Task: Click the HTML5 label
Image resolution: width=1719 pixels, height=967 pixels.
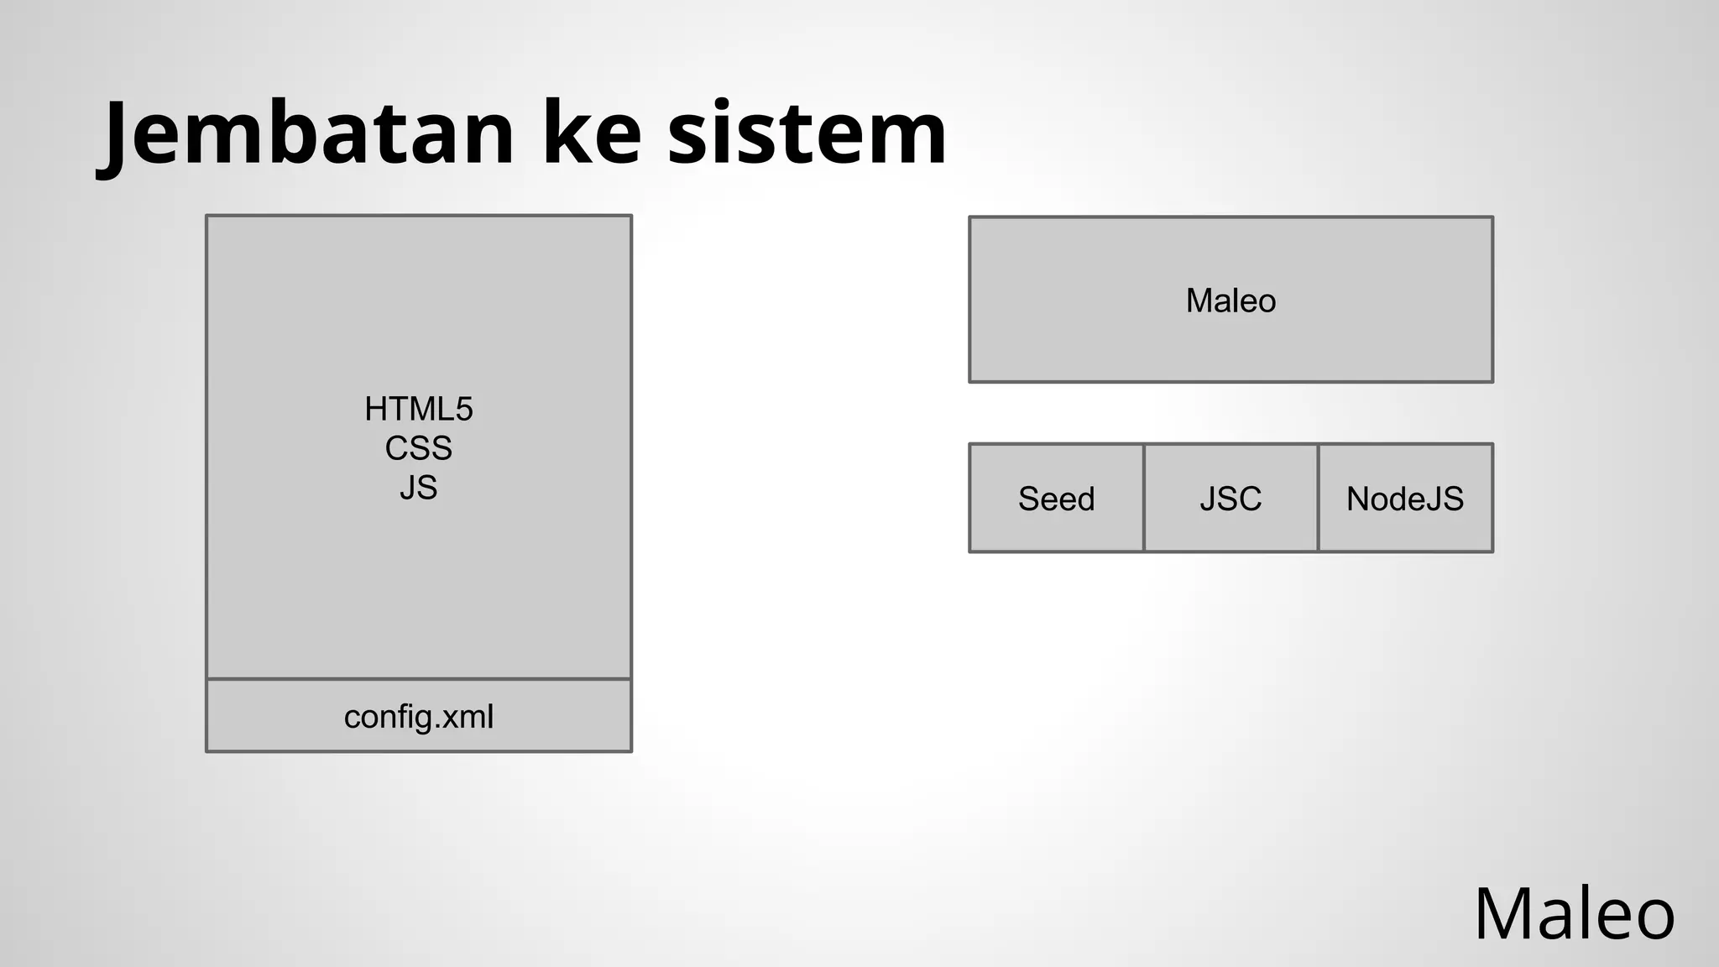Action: click(x=418, y=410)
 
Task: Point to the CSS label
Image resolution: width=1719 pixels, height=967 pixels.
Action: click(x=418, y=448)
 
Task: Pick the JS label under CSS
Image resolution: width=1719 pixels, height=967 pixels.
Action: click(x=418, y=488)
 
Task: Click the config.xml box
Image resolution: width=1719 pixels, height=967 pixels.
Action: click(x=418, y=716)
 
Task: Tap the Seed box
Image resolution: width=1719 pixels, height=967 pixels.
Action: click(x=1056, y=499)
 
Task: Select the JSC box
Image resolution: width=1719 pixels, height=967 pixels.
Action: click(x=1230, y=499)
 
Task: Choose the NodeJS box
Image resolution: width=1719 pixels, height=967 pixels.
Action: click(x=1405, y=499)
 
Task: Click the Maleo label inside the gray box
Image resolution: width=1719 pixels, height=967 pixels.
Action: click(x=1230, y=301)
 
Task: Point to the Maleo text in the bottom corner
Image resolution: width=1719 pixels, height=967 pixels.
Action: click(x=1574, y=914)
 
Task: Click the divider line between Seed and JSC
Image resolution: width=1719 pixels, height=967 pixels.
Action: click(x=1143, y=499)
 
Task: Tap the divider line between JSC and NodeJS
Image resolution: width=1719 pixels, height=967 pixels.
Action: click(x=1318, y=499)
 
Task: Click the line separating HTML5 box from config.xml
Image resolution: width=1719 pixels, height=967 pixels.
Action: click(x=418, y=678)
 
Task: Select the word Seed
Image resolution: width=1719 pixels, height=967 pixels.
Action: click(x=1056, y=499)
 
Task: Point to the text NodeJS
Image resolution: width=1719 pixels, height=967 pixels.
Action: click(x=1405, y=499)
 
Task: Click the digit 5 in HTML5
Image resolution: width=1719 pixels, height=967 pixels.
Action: click(x=464, y=410)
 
